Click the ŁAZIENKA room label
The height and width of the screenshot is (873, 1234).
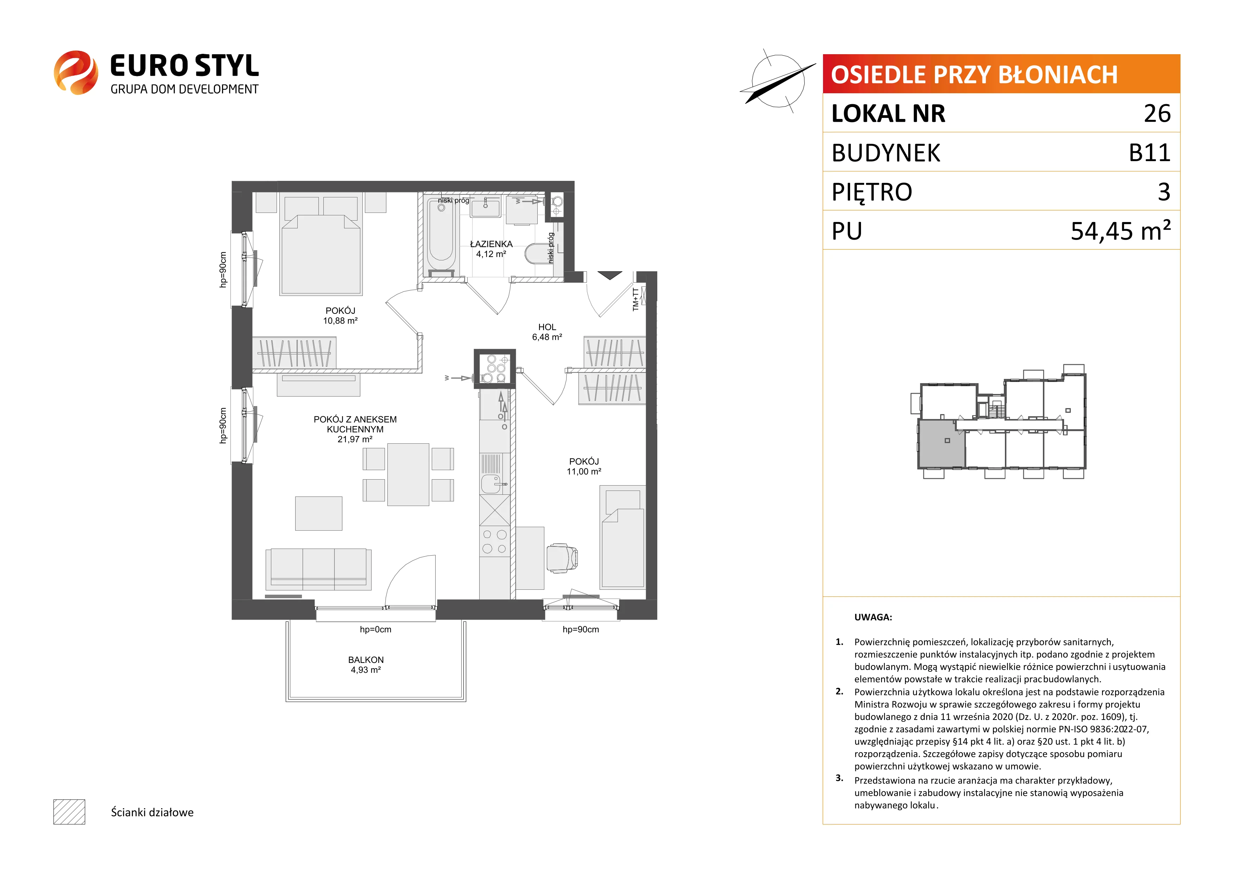pos(491,244)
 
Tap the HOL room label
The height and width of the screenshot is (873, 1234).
pos(547,327)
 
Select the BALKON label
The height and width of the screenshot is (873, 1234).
pos(366,659)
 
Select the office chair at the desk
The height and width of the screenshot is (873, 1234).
pos(562,558)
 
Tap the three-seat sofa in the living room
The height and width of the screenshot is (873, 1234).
pos(318,569)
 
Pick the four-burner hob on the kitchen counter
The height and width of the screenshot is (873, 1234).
pos(494,542)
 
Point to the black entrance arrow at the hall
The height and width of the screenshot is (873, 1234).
pos(609,276)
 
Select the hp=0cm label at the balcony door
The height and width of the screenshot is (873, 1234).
pos(376,630)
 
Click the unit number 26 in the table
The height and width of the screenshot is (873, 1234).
pos(1157,113)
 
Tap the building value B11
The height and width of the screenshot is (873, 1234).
pos(1150,153)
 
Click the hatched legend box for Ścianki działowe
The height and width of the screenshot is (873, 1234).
pos(69,812)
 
